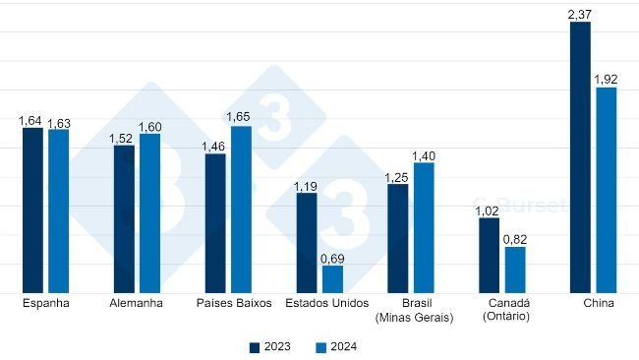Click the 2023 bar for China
pyautogui.click(x=580, y=157)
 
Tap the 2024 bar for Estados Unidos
pyautogui.click(x=332, y=279)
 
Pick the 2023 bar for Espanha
pyautogui.click(x=32, y=210)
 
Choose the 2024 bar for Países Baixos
pyautogui.click(x=241, y=210)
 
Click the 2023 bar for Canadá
pyautogui.click(x=489, y=255)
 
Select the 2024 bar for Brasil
pyautogui.click(x=424, y=227)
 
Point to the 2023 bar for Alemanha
pyautogui.click(x=124, y=219)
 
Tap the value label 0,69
pyautogui.click(x=332, y=258)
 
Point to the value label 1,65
pyautogui.click(x=241, y=117)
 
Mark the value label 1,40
pyautogui.click(x=424, y=155)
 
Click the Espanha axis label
pyautogui.click(x=45, y=304)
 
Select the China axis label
pyautogui.click(x=598, y=304)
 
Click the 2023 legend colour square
pyautogui.click(x=254, y=346)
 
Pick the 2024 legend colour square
pyautogui.click(x=319, y=346)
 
